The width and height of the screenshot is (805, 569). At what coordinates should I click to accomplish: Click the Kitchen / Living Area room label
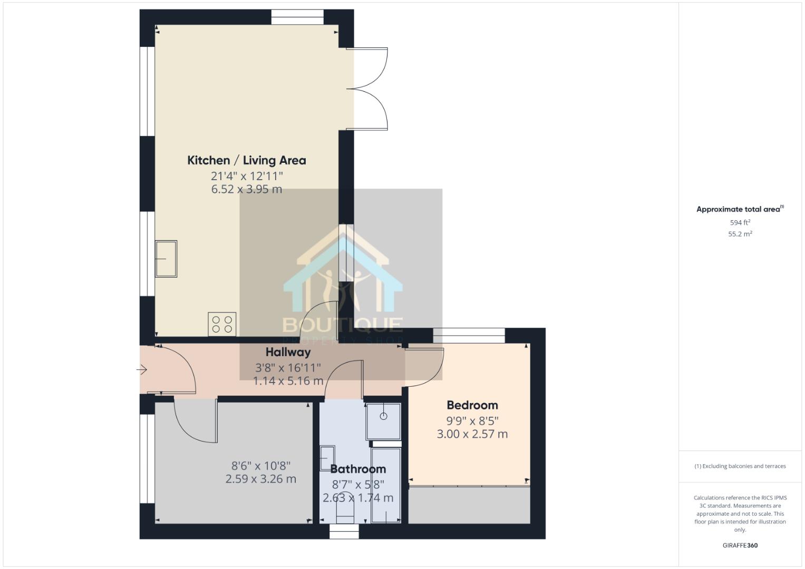click(246, 160)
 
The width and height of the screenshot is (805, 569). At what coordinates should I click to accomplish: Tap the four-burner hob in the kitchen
click(222, 324)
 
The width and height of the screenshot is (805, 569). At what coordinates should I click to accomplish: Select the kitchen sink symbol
click(166, 259)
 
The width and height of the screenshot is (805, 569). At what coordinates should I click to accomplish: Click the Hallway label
click(288, 352)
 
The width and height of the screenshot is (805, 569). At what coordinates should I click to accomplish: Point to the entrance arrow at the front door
click(142, 370)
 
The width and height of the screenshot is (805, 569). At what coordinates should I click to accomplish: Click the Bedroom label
click(472, 405)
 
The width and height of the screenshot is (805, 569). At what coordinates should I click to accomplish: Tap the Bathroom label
click(358, 469)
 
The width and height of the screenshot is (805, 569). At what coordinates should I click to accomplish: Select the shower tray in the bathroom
click(384, 421)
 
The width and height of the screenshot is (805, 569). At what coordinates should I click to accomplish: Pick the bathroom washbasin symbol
click(327, 458)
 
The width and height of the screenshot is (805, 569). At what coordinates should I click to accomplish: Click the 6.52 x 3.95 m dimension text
click(246, 189)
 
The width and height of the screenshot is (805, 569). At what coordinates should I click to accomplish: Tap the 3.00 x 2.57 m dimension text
click(472, 434)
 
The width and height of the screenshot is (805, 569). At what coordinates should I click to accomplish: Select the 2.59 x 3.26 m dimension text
click(260, 479)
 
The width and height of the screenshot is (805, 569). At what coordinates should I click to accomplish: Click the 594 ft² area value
click(740, 223)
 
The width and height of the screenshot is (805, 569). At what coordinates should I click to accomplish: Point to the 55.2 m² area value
click(740, 234)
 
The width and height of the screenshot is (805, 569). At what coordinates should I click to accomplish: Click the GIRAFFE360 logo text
click(740, 545)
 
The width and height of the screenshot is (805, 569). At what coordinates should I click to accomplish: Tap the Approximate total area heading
click(740, 209)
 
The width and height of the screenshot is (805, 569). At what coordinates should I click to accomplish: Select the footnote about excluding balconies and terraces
click(740, 466)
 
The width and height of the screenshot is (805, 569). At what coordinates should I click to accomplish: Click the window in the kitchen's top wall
click(297, 17)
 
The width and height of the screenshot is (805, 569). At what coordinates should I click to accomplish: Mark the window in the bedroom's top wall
click(469, 336)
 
